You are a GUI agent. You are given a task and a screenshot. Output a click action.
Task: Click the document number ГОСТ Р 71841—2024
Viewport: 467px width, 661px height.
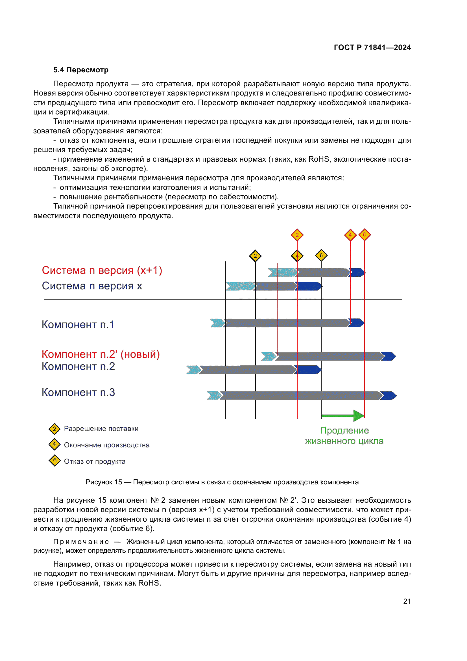point(372,47)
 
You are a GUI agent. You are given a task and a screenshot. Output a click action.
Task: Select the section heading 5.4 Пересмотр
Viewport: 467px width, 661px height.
point(81,70)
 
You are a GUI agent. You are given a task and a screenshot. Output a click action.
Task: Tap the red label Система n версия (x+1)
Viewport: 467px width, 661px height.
point(102,270)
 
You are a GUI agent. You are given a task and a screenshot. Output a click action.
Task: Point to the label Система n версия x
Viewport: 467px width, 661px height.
point(92,286)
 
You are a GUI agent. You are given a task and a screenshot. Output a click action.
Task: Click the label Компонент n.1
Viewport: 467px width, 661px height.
point(78,324)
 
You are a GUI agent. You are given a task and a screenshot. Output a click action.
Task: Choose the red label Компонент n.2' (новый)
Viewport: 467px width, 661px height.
point(100,354)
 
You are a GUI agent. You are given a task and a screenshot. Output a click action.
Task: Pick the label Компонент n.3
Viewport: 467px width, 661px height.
point(78,393)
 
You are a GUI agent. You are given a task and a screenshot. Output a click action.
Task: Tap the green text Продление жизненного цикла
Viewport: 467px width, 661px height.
point(344,435)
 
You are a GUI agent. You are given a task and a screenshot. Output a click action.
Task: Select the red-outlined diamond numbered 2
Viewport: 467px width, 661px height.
point(297,235)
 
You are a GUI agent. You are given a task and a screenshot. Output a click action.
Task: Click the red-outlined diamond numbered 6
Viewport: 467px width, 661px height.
point(364,235)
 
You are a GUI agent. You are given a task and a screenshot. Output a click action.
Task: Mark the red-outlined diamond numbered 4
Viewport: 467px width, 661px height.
point(350,235)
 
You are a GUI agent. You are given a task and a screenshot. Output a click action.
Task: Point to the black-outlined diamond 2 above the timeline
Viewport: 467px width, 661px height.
point(255,256)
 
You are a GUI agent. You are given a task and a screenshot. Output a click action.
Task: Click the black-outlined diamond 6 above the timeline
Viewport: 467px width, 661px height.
point(321,255)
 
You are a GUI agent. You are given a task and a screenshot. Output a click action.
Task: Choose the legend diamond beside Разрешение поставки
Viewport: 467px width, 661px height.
point(54,429)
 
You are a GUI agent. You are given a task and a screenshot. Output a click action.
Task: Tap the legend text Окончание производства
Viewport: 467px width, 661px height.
point(106,445)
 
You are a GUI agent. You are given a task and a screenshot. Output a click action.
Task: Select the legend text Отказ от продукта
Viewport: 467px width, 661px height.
point(95,461)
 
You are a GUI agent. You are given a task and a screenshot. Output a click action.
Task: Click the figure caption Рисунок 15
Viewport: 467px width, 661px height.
point(222,482)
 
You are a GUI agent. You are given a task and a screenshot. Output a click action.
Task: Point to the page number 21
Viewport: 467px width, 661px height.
point(407,601)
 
